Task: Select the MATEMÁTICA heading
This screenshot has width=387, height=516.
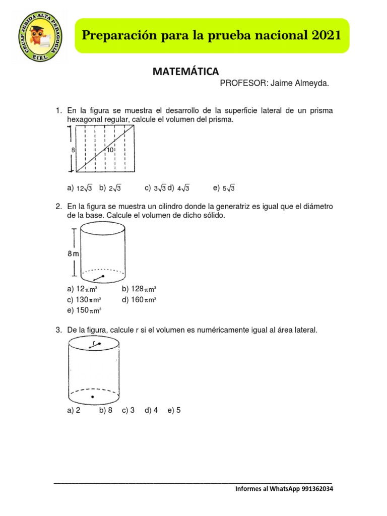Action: (x=186, y=72)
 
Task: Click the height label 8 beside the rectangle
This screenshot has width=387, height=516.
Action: (x=73, y=150)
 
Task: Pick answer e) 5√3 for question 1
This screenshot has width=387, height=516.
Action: (x=224, y=188)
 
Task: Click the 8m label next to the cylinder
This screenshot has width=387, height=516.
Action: (x=74, y=254)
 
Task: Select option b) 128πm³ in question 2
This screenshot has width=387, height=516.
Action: (x=139, y=289)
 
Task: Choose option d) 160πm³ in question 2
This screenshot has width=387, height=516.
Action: (x=139, y=299)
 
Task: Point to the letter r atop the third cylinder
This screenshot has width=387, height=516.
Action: (x=94, y=342)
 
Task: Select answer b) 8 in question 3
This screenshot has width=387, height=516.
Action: (x=106, y=410)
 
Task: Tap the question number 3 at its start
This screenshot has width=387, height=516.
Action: (x=58, y=330)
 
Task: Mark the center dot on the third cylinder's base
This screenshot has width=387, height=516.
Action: (x=92, y=398)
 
